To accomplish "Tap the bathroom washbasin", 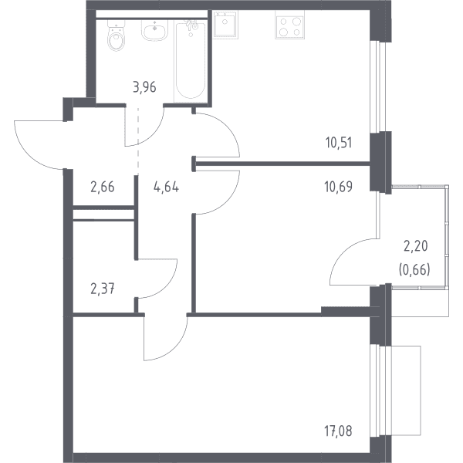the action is point(154,30).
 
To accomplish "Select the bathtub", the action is point(191,61).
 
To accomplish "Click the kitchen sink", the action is point(225,25).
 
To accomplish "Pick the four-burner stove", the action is point(289,27).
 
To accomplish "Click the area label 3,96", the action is point(145,87).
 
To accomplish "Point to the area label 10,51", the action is point(339,143).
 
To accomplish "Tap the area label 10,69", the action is point(339,187).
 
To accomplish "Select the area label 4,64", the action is point(166,188).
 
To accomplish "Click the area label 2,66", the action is point(103,188).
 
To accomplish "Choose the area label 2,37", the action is point(103,289).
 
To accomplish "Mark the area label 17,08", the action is point(339,431).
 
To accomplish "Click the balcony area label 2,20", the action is point(416,246).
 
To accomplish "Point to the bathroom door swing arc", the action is point(153,137).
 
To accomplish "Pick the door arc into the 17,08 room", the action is point(174,349).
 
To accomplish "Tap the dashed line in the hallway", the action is point(138,140).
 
